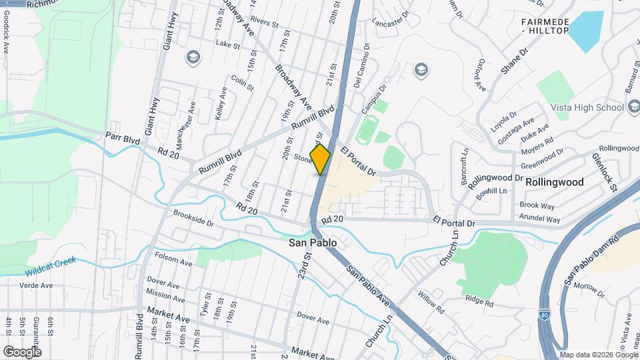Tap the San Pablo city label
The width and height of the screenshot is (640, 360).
click(x=312, y=243)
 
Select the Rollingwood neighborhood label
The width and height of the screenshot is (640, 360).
click(x=554, y=182)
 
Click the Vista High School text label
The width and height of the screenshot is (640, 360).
click(x=587, y=107)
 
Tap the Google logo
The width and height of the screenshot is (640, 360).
click(x=22, y=351)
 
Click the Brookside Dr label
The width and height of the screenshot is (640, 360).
click(x=193, y=219)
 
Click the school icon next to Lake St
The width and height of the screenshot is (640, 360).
click(x=194, y=57)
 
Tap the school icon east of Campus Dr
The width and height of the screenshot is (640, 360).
click(x=420, y=69)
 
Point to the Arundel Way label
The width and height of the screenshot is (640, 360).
click(x=539, y=219)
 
